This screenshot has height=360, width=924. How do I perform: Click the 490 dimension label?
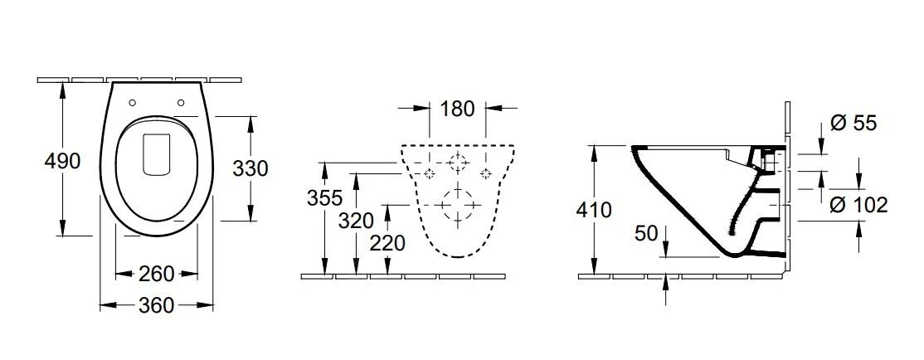point(62,160)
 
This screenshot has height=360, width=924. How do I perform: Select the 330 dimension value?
point(250,168)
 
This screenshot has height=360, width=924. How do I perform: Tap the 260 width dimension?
point(157,274)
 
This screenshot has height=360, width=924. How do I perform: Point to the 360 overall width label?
point(157,305)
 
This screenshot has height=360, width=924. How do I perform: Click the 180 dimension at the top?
point(457,109)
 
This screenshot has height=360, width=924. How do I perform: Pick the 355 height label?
point(324,198)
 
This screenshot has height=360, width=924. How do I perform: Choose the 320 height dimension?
point(356,221)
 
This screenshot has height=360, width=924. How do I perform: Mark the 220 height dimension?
point(387,243)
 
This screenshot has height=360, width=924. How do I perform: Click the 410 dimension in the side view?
point(595,210)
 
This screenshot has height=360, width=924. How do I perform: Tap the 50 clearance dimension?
point(646,234)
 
